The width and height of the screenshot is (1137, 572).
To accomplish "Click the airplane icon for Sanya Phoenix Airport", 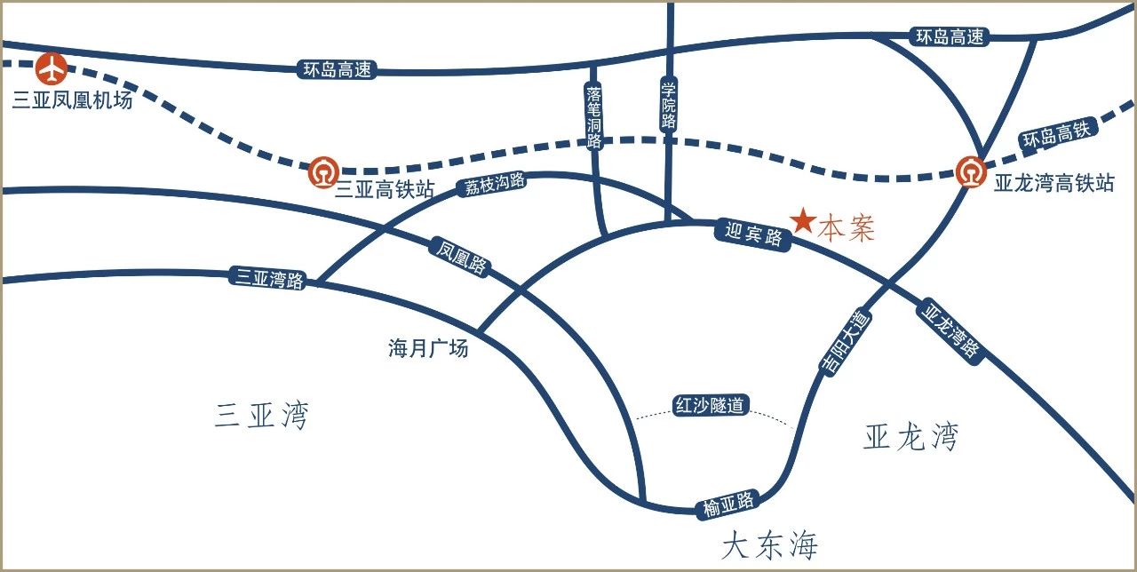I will (x=53, y=68).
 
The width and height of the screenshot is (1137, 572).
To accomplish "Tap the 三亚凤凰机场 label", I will (x=72, y=100).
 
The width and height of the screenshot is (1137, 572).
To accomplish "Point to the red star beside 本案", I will (x=803, y=221).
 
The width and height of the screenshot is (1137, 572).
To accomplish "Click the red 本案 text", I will (x=846, y=228).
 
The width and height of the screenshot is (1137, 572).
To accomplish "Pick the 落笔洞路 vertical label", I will (x=594, y=116).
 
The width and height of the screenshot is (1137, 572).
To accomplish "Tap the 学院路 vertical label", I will (x=669, y=105).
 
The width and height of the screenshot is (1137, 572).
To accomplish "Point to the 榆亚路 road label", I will (x=728, y=504).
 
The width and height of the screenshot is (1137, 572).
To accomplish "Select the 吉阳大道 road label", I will (x=847, y=344).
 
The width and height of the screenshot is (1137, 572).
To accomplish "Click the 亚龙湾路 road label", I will (x=952, y=330).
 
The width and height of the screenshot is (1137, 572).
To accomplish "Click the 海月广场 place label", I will (x=428, y=349).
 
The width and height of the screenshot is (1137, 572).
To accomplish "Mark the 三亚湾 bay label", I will (x=261, y=416).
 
